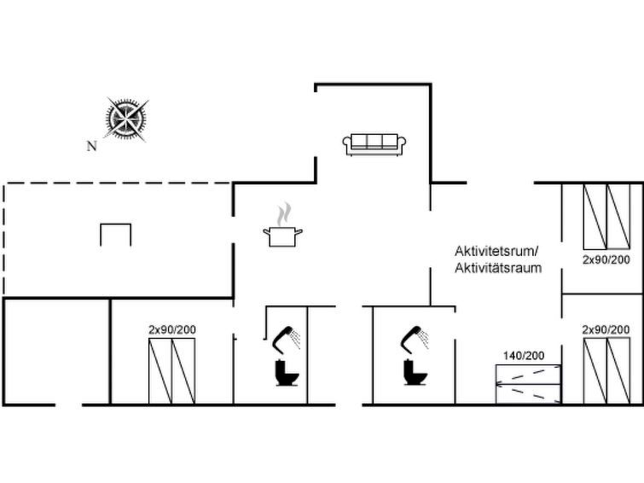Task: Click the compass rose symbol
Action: coord(125,119)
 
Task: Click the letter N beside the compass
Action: coord(91,146)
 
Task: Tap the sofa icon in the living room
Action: coord(374,144)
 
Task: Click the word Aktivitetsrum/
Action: coord(496,251)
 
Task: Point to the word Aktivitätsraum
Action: coord(498,268)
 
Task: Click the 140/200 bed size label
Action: coord(524,356)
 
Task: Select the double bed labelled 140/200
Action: coord(528,384)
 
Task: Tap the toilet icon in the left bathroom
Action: coord(287,373)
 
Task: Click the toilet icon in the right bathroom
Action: coord(415,372)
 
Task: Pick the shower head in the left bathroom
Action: coord(287,338)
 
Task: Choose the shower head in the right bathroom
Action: coord(415,338)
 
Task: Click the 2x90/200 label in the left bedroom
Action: coord(172,329)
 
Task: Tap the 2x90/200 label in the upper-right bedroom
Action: coord(606,259)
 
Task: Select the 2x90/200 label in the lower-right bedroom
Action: coord(606,329)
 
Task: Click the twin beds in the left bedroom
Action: coord(171,371)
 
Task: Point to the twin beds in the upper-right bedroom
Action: coord(606,217)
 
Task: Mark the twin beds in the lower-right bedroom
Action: coord(606,371)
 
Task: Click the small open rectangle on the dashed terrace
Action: coord(116,224)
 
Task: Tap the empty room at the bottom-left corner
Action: coord(56,352)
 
